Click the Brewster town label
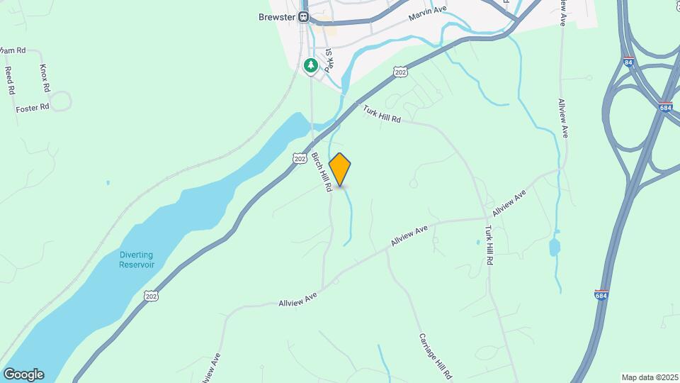click(x=278, y=17)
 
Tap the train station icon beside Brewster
click(x=304, y=17)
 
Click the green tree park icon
click(x=310, y=66)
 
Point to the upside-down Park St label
click(x=328, y=60)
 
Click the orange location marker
click(x=340, y=170)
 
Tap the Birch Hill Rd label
click(x=322, y=173)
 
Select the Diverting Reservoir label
click(x=137, y=260)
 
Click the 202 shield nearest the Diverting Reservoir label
click(x=151, y=294)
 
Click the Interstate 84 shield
click(x=628, y=62)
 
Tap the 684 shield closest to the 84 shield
click(x=664, y=107)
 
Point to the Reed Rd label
click(x=10, y=80)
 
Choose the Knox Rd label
click(x=45, y=78)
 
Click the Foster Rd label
click(x=33, y=107)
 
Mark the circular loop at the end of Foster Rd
click(x=61, y=101)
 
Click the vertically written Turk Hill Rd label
click(x=488, y=245)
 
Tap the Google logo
click(x=23, y=374)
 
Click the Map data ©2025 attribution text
click(x=649, y=377)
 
